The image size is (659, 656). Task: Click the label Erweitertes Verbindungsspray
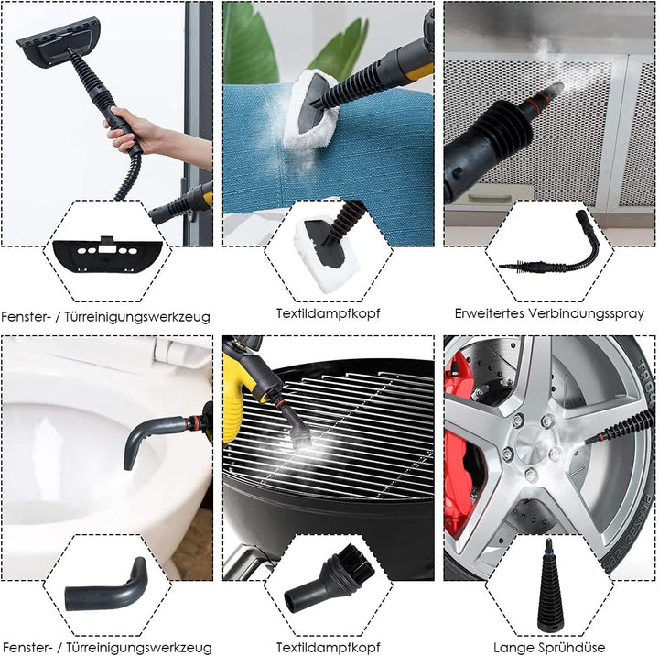549,313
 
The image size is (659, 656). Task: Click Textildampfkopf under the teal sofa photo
329,313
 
